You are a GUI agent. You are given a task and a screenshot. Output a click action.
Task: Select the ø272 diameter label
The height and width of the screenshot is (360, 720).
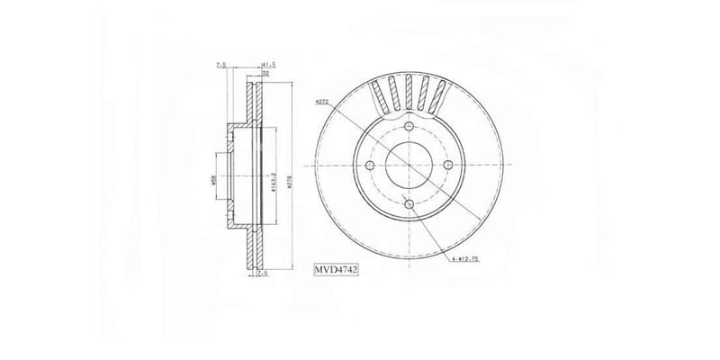pyautogui.click(x=325, y=103)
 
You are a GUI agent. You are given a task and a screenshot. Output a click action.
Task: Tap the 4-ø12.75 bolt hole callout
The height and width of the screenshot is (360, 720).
pyautogui.click(x=472, y=260)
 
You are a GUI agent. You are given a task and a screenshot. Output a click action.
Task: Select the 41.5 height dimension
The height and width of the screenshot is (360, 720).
pyautogui.click(x=267, y=66)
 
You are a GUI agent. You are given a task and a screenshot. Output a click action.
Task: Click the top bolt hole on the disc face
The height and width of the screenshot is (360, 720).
pyautogui.click(x=408, y=127)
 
